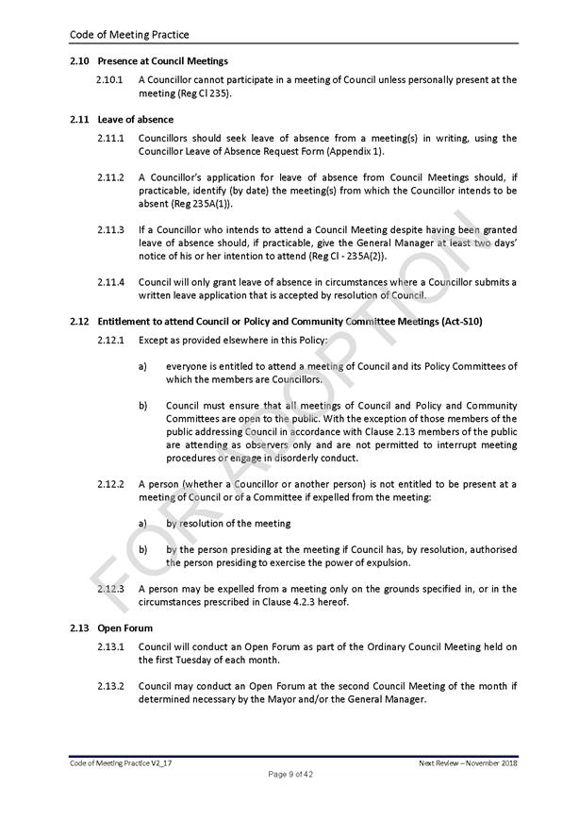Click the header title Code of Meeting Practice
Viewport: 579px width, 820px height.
[x=129, y=35]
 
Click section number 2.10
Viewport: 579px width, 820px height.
[x=79, y=61]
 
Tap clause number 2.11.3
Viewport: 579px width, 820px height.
[x=110, y=229]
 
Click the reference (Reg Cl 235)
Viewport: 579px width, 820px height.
[x=205, y=93]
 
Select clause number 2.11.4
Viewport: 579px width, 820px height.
[x=110, y=281]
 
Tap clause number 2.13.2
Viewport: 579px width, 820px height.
[x=110, y=686]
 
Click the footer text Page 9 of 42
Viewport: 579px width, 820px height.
[x=289, y=775]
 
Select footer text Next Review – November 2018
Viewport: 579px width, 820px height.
[x=468, y=762]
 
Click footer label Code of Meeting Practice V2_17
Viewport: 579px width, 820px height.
[x=120, y=762]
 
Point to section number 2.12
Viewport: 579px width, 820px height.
[x=79, y=322]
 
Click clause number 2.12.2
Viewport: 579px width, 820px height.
[x=110, y=484]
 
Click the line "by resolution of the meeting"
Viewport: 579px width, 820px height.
[x=228, y=523]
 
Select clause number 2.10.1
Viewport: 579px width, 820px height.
[x=110, y=80]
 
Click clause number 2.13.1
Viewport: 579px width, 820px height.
[x=110, y=646]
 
